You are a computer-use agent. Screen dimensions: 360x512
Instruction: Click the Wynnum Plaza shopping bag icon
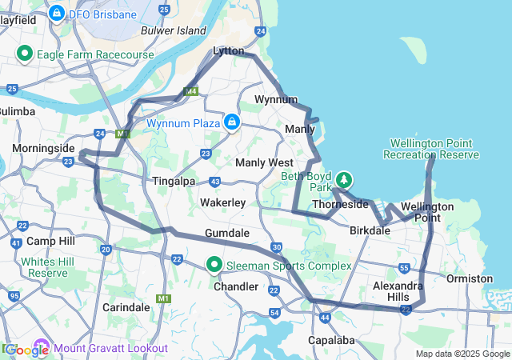click(231, 122)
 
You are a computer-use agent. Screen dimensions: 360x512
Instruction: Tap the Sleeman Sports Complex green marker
click(214, 265)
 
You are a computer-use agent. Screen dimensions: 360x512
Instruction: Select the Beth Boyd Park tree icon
click(344, 178)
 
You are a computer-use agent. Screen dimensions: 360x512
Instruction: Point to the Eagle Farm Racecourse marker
click(24, 54)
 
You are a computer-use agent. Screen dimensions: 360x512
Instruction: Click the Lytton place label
click(228, 50)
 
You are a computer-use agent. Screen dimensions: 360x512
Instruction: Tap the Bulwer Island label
click(174, 30)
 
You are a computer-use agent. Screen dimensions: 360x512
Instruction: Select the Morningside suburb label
click(43, 149)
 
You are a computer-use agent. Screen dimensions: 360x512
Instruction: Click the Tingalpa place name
click(174, 182)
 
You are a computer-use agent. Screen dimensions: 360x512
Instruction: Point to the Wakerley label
click(222, 203)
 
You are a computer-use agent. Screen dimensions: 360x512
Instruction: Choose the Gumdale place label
click(227, 234)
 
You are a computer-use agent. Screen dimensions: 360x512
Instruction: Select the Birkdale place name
click(370, 230)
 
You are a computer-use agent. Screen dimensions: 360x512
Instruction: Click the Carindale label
click(126, 307)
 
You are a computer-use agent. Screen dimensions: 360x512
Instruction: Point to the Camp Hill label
click(50, 241)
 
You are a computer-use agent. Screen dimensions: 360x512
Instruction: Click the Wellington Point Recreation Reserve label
click(434, 149)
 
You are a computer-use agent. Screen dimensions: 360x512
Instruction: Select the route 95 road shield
click(14, 296)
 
